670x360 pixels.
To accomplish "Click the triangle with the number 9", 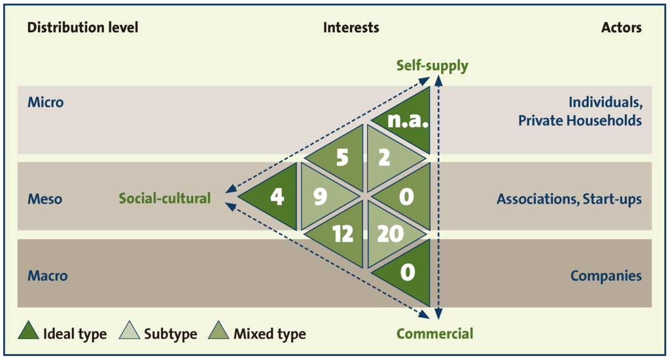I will (321, 196).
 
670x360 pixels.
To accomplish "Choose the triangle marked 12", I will (342, 234).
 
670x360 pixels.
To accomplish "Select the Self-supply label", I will (432, 66).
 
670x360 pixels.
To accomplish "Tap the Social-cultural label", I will (165, 198).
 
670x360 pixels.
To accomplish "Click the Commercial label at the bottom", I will (434, 334).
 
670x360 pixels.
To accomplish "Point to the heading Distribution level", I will (82, 27).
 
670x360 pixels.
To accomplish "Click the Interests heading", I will (351, 27).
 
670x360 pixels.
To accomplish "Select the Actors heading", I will (621, 27).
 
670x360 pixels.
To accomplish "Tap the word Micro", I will (46, 102).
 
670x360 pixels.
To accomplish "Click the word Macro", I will (47, 276).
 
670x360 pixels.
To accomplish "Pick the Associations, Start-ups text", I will (569, 198).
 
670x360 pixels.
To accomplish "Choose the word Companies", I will (606, 276).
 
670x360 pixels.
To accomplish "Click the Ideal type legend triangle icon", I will (28, 332).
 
